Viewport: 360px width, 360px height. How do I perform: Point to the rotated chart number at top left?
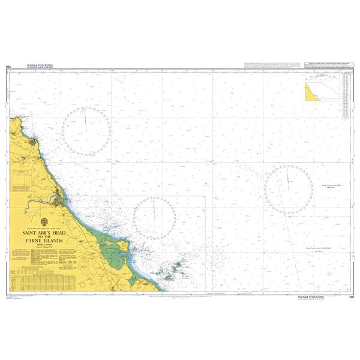coord(8,67)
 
